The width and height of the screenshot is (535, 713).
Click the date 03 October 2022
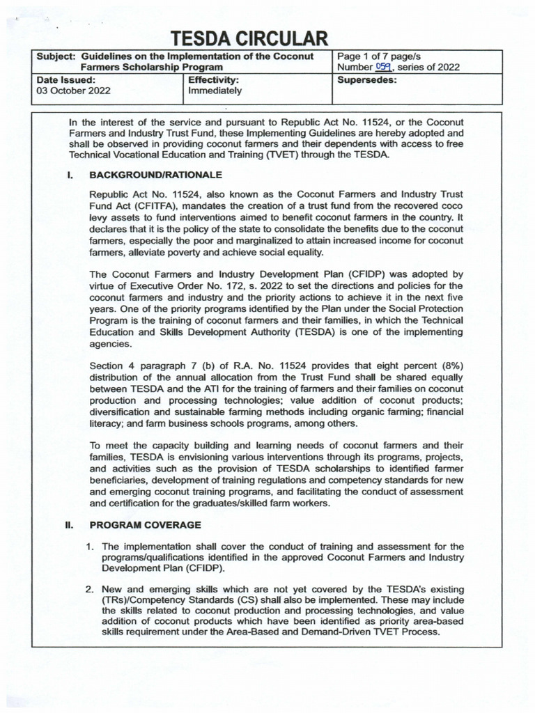point(72,91)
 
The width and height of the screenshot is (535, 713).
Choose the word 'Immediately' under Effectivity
point(215,91)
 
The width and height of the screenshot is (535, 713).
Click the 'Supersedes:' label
point(367,80)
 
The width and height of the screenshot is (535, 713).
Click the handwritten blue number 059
point(384,67)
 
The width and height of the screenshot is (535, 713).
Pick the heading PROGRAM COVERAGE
point(146,524)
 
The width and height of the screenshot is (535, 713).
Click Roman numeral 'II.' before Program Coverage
point(71,524)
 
